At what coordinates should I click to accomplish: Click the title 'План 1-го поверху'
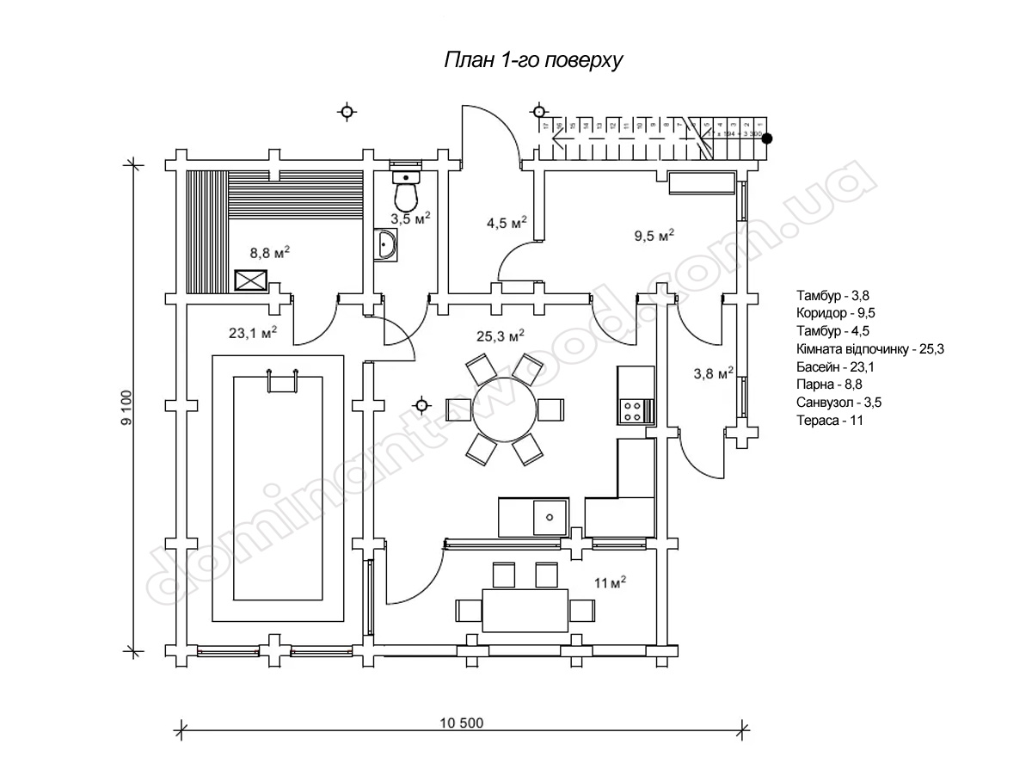click(532, 61)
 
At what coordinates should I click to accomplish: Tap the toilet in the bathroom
click(406, 190)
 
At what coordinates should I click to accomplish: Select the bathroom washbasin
click(386, 246)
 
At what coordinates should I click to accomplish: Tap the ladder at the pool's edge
click(283, 379)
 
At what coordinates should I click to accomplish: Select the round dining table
click(506, 407)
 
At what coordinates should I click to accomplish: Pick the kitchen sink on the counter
click(547, 516)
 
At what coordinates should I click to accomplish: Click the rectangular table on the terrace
click(525, 609)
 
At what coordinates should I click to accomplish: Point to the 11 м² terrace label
click(609, 583)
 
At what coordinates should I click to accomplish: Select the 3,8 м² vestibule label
click(713, 373)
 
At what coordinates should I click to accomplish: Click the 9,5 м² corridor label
click(654, 235)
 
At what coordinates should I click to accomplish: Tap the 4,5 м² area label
click(507, 223)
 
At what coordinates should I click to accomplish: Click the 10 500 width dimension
click(465, 723)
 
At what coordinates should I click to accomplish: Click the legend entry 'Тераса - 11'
click(830, 421)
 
